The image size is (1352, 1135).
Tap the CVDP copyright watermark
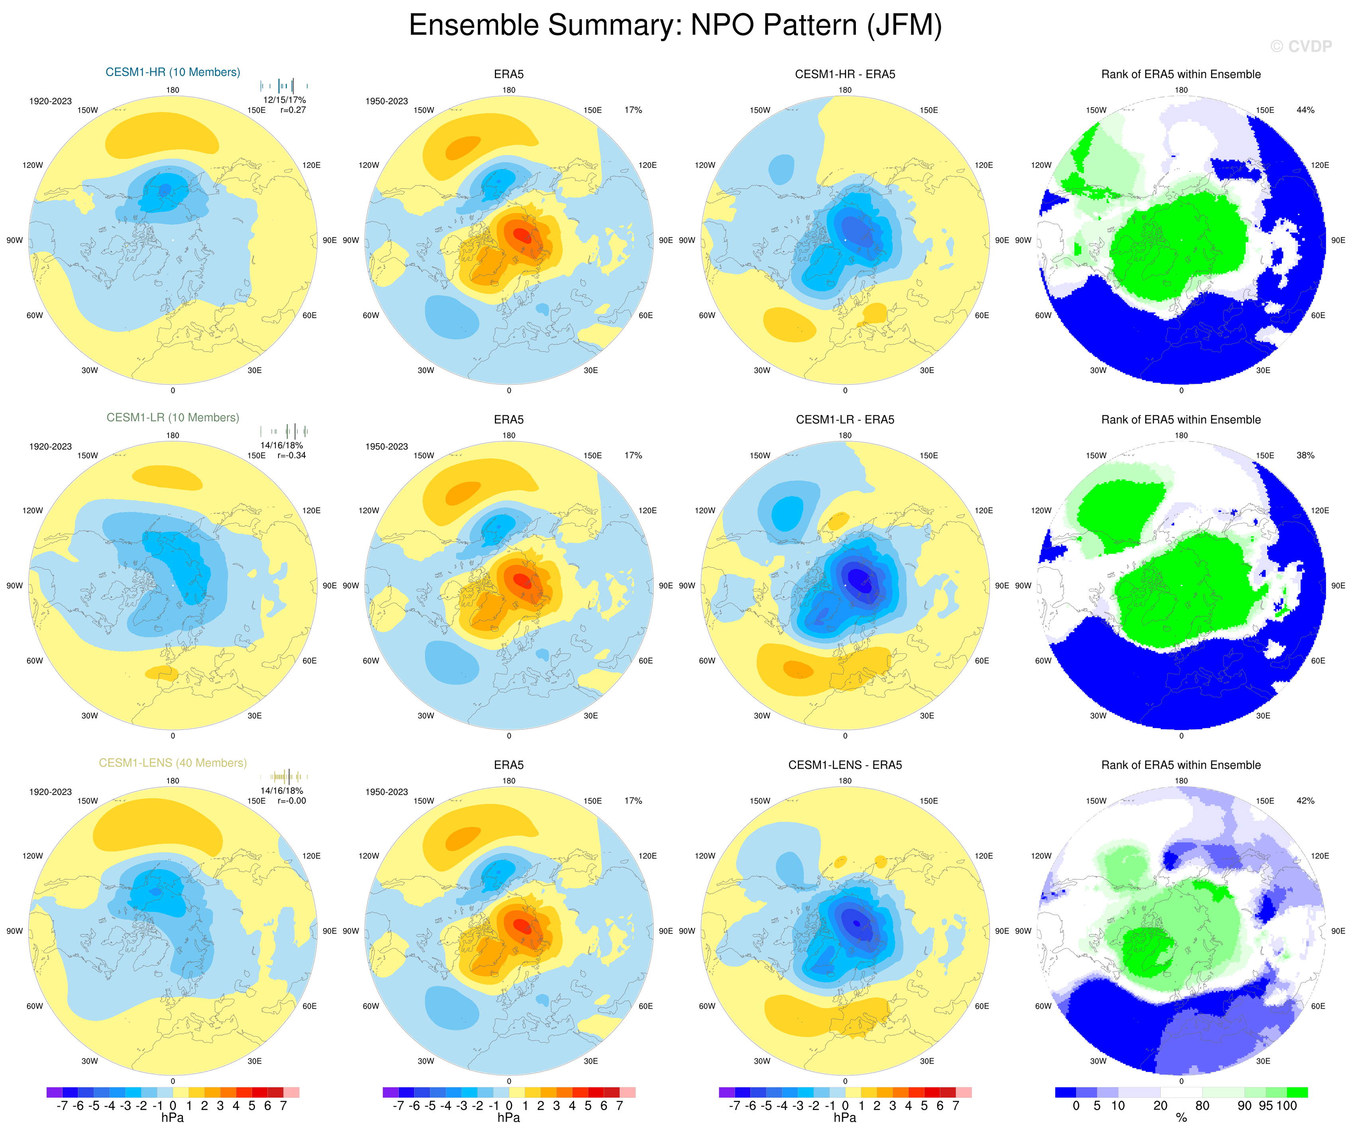click(1301, 46)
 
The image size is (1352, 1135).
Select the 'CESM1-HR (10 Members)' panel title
click(173, 72)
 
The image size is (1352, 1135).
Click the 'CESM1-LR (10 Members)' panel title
click(173, 418)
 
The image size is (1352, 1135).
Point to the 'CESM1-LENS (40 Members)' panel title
click(173, 763)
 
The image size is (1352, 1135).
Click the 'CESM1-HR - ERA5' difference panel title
click(845, 74)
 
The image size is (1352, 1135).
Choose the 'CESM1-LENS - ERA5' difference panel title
click(845, 765)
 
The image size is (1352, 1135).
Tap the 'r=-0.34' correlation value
click(292, 455)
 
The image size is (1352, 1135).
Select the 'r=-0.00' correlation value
click(292, 801)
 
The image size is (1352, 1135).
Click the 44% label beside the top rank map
click(1305, 110)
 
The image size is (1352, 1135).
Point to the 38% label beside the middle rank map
click(1305, 455)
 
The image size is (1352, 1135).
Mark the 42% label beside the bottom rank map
click(1305, 801)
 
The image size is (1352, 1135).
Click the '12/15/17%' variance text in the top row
click(284, 100)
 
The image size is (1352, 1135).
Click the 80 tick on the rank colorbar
click(1202, 1106)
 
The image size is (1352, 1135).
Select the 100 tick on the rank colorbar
click(1286, 1106)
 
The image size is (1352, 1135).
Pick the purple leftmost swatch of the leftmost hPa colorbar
click(54, 1092)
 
